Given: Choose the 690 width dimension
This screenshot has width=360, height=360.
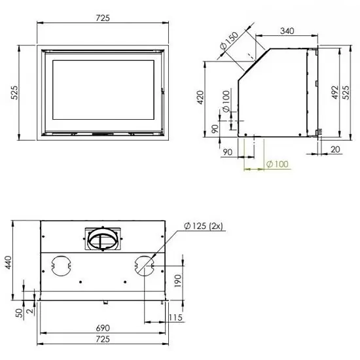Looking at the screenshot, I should coord(103,327).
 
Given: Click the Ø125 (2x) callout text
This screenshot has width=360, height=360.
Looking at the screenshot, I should coord(205,226).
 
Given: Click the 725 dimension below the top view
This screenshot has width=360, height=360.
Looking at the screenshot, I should coord(103,341).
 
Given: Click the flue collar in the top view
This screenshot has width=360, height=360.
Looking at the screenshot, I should coord(103,239).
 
